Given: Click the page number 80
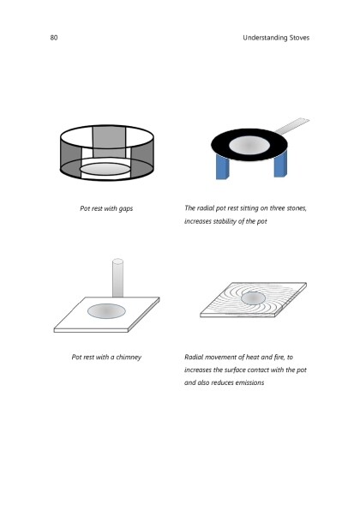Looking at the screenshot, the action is [54, 38].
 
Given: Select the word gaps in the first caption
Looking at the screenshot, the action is [125, 208].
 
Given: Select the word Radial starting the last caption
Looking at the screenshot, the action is [194, 357].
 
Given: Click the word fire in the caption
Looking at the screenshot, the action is [279, 357].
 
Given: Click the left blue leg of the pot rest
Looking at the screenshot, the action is [222, 166].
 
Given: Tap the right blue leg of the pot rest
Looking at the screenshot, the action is [280, 164].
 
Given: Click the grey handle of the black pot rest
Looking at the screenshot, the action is [292, 126].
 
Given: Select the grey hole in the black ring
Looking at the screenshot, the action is [249, 145].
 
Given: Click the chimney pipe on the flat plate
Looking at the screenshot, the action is [117, 278].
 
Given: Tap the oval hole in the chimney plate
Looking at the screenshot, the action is [106, 311].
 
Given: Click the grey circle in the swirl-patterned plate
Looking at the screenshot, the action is [253, 298].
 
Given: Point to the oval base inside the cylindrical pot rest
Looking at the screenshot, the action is [105, 169].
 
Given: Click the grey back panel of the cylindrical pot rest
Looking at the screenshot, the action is [109, 142].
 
